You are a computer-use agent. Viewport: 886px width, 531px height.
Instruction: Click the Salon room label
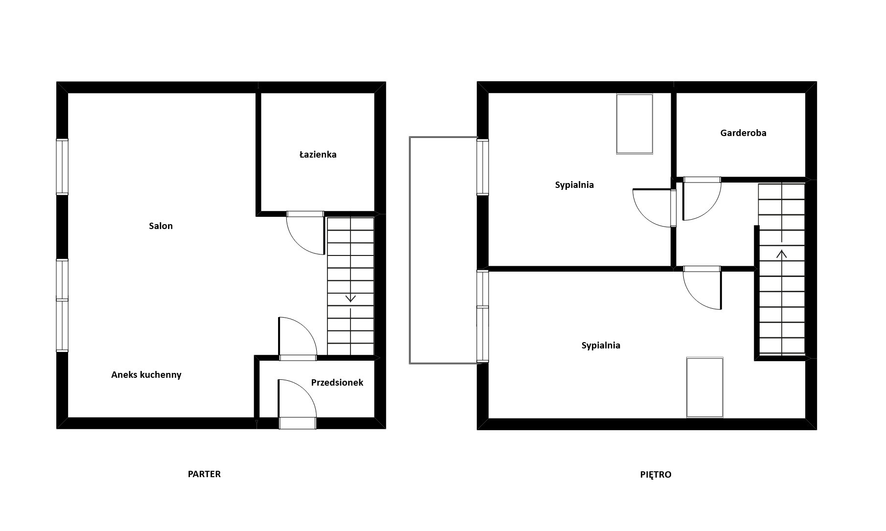point(161,226)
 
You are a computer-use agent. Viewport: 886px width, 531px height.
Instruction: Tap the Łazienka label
point(318,155)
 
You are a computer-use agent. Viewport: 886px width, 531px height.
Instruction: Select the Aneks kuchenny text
point(146,375)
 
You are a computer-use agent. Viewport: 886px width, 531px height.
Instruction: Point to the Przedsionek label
point(337,383)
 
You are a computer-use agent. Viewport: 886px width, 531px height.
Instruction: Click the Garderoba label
point(743,133)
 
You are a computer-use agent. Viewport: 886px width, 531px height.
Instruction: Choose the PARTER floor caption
point(204,474)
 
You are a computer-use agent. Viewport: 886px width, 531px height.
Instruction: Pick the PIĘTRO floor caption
point(655,474)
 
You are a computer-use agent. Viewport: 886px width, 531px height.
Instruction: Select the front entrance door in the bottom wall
point(297,423)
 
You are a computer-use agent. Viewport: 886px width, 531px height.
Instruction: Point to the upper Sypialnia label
point(574,185)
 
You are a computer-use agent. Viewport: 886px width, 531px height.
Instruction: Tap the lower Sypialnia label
point(601,346)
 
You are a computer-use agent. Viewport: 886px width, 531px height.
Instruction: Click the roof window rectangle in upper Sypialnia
point(634,124)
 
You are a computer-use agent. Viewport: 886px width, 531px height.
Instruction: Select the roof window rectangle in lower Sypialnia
point(705,387)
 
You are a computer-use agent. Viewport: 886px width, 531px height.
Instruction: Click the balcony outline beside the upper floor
point(410,250)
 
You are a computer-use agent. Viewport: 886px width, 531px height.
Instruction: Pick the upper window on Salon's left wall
point(62,167)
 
